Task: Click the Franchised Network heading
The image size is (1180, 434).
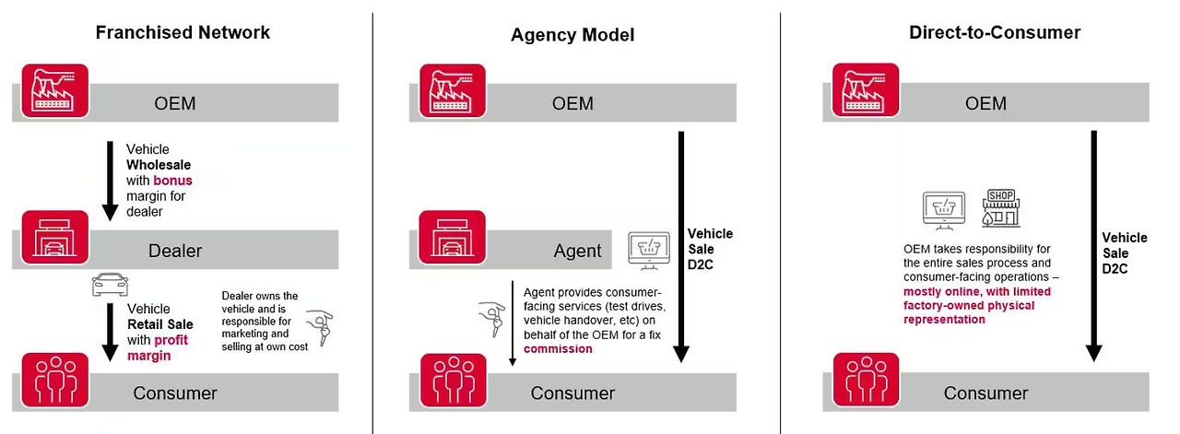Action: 183,32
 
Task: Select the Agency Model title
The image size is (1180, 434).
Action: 572,36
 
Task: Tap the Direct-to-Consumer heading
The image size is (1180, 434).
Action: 995,32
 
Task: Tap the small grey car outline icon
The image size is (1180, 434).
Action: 110,284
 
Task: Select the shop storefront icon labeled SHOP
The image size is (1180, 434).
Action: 1001,208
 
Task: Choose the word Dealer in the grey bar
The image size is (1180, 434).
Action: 175,251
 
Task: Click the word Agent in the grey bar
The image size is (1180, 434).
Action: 578,251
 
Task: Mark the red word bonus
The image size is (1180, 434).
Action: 172,181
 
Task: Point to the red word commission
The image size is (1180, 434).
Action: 558,349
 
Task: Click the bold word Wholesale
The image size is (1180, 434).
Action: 159,165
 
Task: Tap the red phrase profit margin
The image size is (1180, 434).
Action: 159,347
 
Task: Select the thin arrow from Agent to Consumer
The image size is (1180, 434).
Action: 512,323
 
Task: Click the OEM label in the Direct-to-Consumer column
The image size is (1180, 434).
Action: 985,103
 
